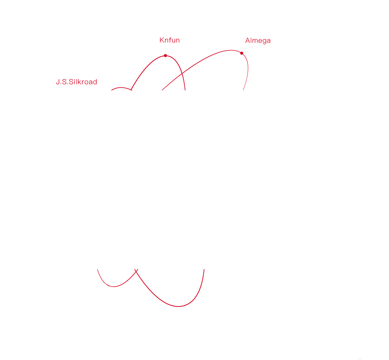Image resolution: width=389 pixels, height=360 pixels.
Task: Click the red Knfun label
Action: (170, 40)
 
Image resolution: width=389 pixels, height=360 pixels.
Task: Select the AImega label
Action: (258, 41)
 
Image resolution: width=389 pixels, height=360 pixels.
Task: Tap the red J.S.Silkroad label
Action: (76, 82)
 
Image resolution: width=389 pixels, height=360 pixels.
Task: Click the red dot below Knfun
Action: (165, 56)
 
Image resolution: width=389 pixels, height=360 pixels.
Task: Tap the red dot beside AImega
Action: (242, 53)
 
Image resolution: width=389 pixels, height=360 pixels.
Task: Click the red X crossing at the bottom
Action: (136, 270)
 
